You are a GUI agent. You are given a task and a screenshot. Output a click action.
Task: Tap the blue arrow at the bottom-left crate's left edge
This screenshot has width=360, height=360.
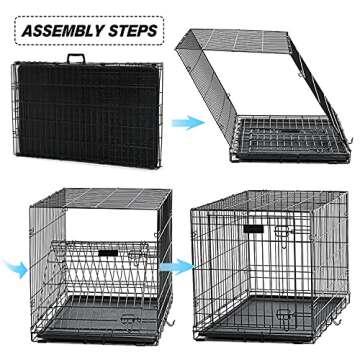pos(11,267)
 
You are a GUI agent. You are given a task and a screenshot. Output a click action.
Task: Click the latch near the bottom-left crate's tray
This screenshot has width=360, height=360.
pos(127,317)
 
